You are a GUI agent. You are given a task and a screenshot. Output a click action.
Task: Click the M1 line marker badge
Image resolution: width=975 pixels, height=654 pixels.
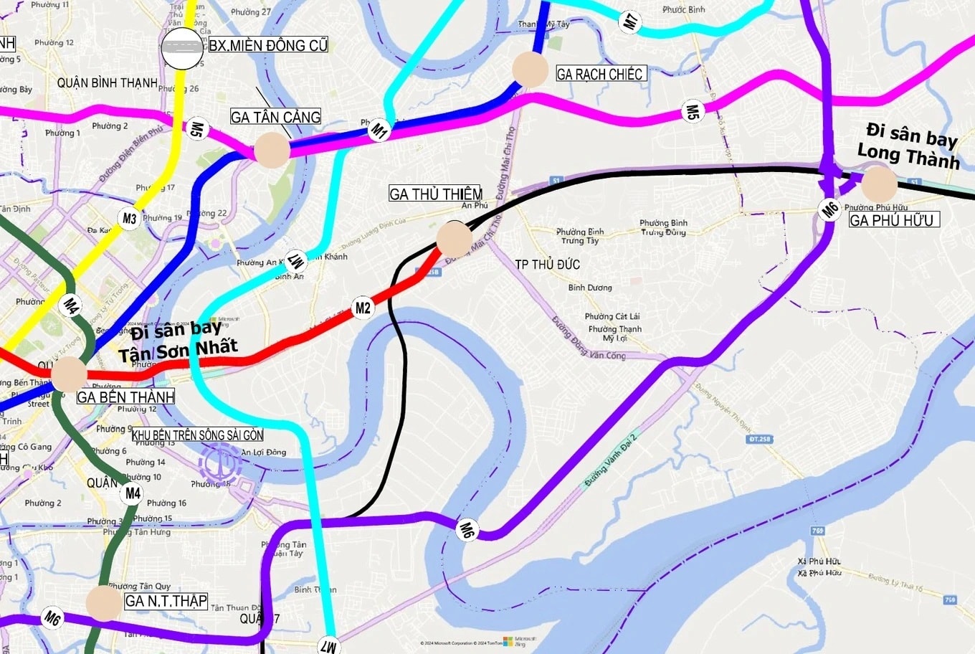click(379, 131)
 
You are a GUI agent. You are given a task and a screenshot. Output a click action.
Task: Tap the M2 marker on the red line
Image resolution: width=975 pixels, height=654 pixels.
click(363, 308)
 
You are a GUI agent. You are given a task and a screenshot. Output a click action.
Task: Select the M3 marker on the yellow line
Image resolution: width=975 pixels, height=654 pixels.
click(129, 219)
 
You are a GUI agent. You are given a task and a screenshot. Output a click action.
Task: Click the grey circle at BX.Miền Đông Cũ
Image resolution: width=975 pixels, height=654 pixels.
click(182, 47)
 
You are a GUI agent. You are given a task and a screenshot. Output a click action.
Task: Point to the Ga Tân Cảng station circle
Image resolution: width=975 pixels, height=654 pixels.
click(272, 150)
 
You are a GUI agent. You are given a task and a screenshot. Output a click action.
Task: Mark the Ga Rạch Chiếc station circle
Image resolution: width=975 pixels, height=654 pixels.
click(531, 70)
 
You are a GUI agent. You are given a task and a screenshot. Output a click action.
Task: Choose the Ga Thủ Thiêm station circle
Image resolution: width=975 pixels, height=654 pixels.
click(454, 238)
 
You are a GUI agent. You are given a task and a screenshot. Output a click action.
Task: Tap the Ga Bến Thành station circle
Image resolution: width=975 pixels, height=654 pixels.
click(69, 374)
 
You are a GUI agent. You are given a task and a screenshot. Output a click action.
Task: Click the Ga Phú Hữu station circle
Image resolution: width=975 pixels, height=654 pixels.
click(878, 184)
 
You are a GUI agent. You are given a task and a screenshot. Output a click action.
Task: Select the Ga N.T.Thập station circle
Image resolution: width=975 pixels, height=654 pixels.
click(104, 602)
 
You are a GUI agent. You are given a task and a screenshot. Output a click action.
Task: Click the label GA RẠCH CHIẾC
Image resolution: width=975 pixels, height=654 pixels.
click(600, 74)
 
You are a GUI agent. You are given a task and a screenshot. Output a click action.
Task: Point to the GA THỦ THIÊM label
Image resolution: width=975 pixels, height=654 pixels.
click(435, 194)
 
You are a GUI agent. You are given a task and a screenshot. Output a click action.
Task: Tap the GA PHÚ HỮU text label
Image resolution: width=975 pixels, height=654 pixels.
click(893, 220)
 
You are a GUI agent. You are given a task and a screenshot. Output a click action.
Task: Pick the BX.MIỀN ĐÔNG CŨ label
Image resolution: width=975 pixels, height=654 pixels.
click(268, 45)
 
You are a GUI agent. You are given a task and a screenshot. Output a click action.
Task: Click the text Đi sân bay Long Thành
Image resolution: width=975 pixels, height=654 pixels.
click(909, 146)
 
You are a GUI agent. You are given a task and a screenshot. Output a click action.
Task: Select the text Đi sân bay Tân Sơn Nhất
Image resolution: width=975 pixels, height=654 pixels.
click(177, 341)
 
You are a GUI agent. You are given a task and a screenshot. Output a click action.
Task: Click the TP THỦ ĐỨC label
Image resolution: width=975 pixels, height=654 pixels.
click(547, 265)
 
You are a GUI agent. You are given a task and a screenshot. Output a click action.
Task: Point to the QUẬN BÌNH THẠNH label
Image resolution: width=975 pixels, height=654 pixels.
click(108, 83)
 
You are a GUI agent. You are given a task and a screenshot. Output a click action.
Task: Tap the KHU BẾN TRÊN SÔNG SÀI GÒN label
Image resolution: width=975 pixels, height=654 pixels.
click(197, 435)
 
